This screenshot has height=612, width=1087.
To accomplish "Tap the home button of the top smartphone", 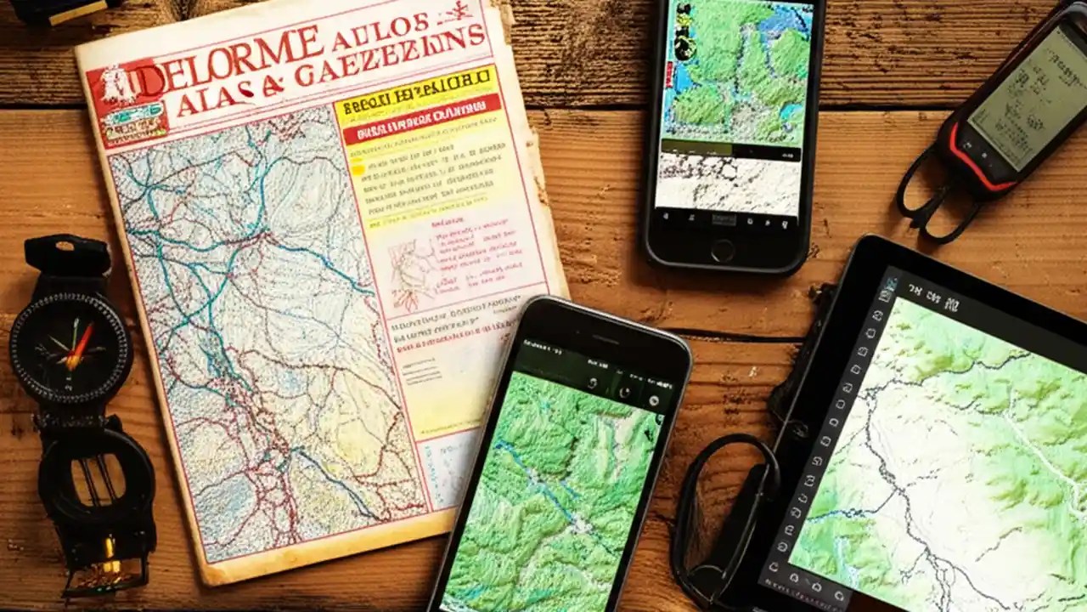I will (723, 250).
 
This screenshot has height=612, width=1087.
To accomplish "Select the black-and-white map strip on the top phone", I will (728, 184).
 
